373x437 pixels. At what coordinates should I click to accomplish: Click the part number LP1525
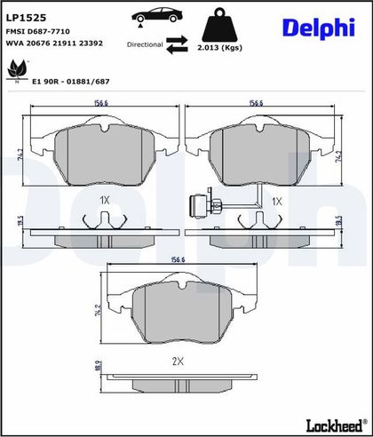pyautogui.click(x=26, y=18)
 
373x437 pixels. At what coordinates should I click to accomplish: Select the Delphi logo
pyautogui.click(x=319, y=28)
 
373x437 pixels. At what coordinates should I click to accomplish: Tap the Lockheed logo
pyautogui.click(x=335, y=425)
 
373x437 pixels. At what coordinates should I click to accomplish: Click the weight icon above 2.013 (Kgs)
pyautogui.click(x=219, y=25)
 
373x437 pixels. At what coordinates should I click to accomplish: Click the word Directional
pyautogui.click(x=145, y=44)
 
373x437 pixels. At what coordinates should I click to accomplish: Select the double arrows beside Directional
pyautogui.click(x=177, y=44)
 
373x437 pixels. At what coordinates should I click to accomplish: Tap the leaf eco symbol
pyautogui.click(x=17, y=71)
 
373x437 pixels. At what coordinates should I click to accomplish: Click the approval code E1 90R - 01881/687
pyautogui.click(x=70, y=82)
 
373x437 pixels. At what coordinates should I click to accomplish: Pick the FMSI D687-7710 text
pyautogui.click(x=38, y=31)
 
